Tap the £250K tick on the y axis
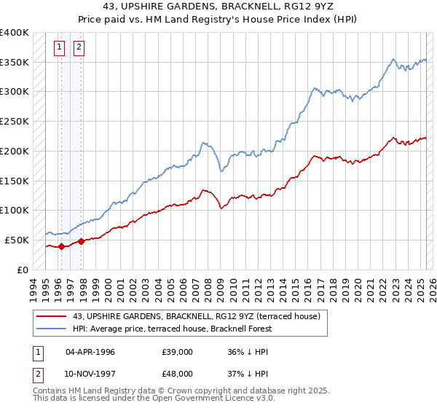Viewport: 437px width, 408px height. click(x=15, y=121)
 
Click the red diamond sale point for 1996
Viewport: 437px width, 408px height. click(x=61, y=246)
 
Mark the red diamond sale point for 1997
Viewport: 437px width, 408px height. click(x=81, y=241)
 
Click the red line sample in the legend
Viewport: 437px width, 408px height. click(x=52, y=315)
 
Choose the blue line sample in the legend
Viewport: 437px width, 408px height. click(x=52, y=329)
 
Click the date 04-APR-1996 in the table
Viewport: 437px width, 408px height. click(x=90, y=351)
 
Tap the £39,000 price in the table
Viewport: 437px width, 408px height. click(x=178, y=351)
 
